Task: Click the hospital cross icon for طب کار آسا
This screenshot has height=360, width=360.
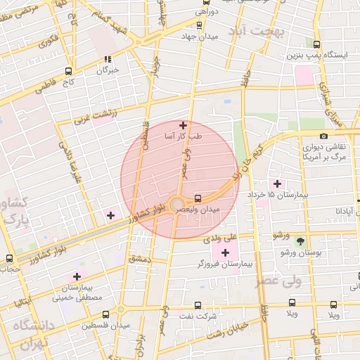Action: (184, 125)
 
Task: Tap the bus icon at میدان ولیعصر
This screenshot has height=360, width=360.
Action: (198, 198)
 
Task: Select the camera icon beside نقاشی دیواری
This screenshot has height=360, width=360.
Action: (323, 136)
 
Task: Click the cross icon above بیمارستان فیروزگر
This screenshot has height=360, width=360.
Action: (225, 252)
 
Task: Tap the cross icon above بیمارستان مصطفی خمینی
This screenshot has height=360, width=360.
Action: (76, 277)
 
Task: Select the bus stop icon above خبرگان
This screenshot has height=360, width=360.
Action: (107, 60)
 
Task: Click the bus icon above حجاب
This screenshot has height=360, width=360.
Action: (9, 258)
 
